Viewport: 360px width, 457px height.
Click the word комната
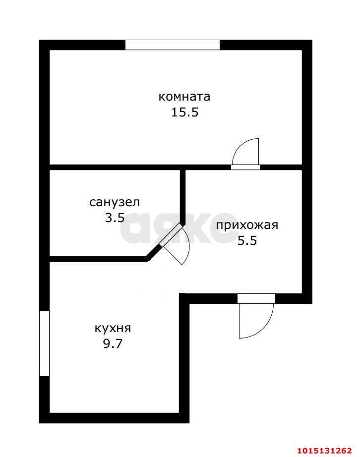[x=184, y=97]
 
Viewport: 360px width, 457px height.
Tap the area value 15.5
[x=184, y=113]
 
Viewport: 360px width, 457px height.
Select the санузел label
[x=115, y=202]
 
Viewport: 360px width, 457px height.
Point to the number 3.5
[x=115, y=218]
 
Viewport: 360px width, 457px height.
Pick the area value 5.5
[x=246, y=241]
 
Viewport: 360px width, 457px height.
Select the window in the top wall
[x=172, y=45]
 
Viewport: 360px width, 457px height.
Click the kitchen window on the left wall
[x=44, y=343]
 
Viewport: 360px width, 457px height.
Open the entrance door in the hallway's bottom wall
[x=256, y=298]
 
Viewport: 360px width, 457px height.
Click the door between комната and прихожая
[x=245, y=167]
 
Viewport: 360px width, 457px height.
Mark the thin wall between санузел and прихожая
[x=182, y=196]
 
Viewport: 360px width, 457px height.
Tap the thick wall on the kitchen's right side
[x=184, y=357]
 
